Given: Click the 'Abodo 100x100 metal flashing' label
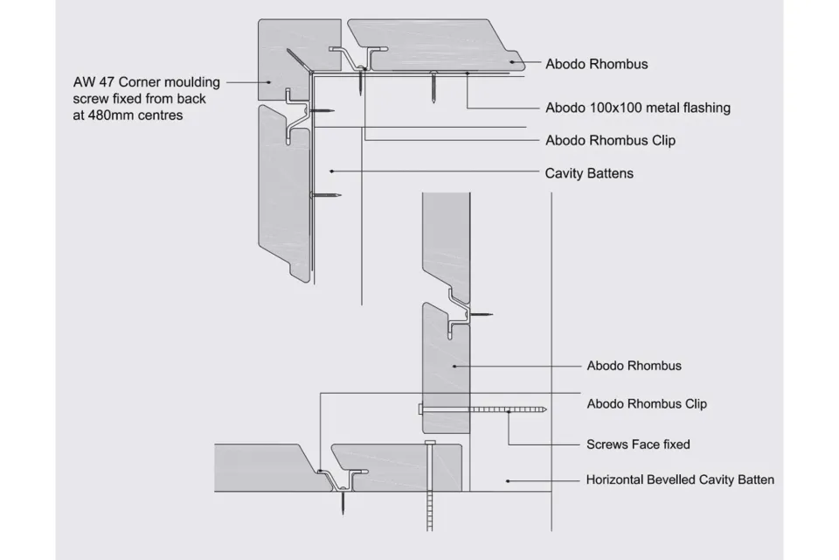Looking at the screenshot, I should click(x=637, y=108).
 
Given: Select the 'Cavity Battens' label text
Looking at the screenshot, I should click(x=589, y=173).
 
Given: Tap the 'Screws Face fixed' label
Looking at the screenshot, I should click(x=638, y=444).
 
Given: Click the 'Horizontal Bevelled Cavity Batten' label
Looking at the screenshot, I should click(x=680, y=479).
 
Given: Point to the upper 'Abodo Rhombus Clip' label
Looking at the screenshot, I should click(x=610, y=140).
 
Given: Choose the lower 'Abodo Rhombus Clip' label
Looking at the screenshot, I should click(x=647, y=404).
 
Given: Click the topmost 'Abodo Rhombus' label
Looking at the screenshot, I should click(x=597, y=64).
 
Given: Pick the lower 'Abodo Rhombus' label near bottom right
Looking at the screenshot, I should click(x=634, y=366).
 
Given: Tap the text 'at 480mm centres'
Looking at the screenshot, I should click(x=128, y=115).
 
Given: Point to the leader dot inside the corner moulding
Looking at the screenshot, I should click(x=287, y=90).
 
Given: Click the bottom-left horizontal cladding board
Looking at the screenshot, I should click(x=262, y=468).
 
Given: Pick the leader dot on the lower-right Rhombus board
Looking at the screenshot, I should click(x=454, y=366).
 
